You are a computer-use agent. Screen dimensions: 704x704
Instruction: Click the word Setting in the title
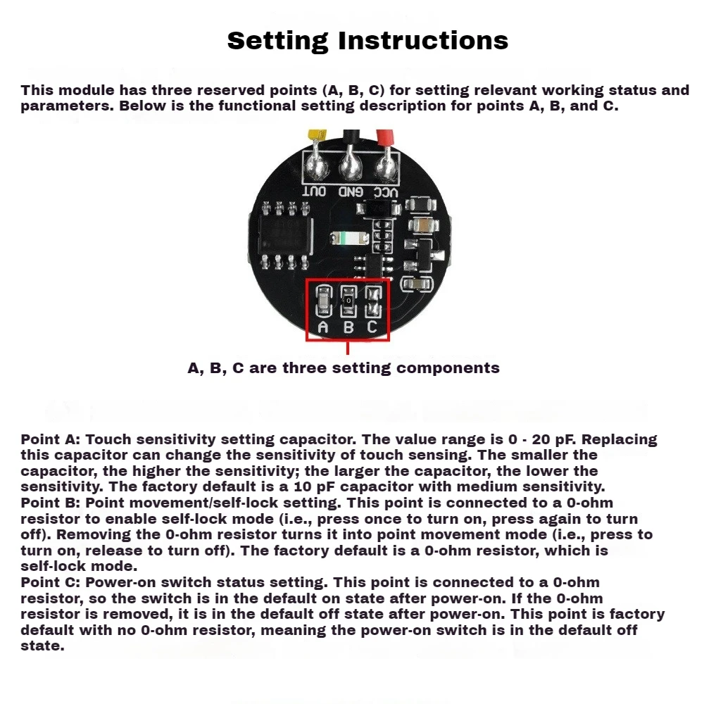(277, 41)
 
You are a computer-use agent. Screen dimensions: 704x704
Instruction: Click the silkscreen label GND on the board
(350, 191)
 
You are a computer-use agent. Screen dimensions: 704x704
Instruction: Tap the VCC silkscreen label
(385, 191)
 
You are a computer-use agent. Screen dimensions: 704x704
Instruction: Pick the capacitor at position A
(323, 301)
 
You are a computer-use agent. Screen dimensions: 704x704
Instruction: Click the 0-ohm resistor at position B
(348, 301)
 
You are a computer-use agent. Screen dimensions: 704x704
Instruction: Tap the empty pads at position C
(373, 301)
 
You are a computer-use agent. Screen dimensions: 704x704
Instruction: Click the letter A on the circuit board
(323, 327)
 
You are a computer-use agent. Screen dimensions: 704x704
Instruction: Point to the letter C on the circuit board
(373, 327)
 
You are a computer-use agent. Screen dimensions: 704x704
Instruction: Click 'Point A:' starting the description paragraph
(51, 440)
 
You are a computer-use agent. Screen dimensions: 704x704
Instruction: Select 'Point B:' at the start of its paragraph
(51, 503)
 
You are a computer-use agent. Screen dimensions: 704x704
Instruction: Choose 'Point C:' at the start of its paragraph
(51, 583)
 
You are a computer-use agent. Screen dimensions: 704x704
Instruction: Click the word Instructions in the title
(423, 41)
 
